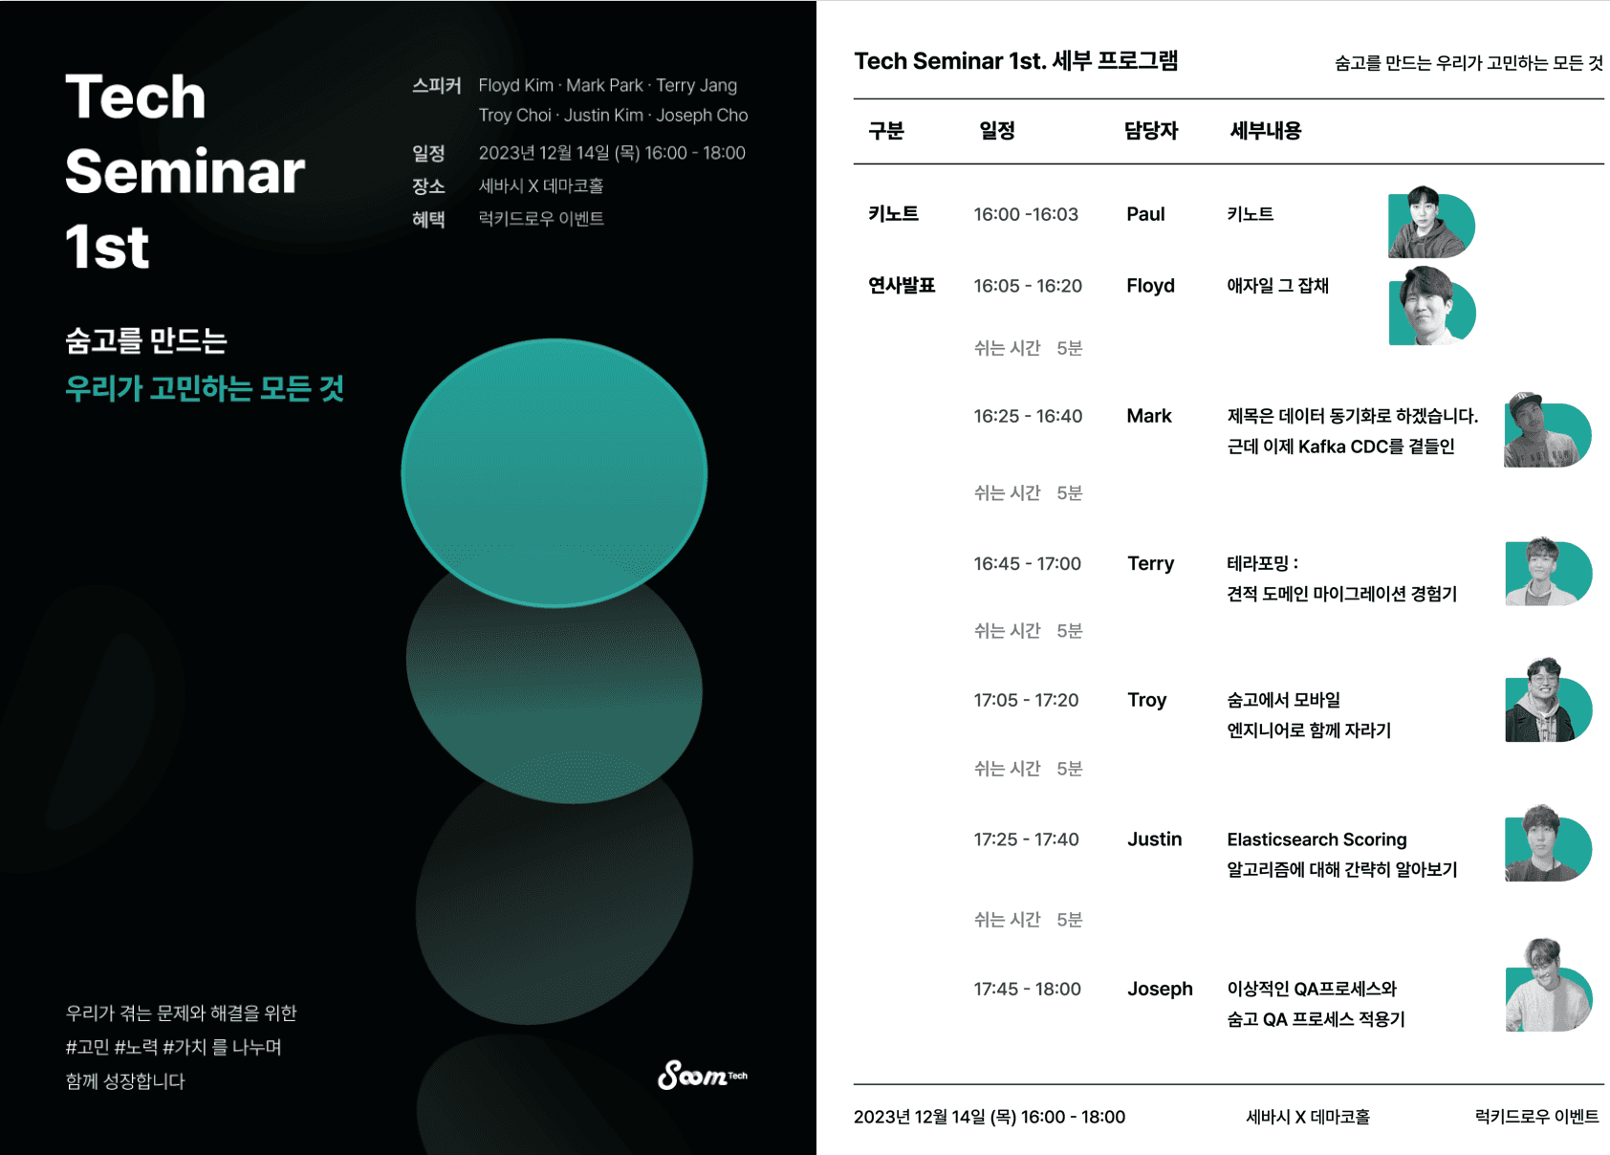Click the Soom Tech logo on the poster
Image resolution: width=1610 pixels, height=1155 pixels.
[x=702, y=1075]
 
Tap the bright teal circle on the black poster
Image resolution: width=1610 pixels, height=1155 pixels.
[x=555, y=473]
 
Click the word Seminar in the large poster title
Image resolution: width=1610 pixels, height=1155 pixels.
[x=185, y=172]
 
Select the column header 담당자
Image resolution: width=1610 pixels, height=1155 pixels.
[x=1151, y=131]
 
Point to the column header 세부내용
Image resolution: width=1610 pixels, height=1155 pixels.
[x=1265, y=131]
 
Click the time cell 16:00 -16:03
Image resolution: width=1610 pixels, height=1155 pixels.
[x=1026, y=214]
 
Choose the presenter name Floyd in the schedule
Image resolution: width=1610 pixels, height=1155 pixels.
[x=1150, y=285]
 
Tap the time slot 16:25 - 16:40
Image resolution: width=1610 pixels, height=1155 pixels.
[x=1028, y=416]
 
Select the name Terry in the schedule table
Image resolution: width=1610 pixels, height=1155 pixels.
[x=1150, y=564]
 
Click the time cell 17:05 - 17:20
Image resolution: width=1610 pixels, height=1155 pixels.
[x=1026, y=700]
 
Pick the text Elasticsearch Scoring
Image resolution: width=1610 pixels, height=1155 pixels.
[x=1316, y=839]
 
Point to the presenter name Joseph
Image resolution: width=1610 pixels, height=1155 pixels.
[x=1160, y=989]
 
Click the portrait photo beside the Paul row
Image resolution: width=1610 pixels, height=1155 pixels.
[x=1430, y=222]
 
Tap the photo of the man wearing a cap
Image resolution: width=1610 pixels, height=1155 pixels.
[x=1547, y=430]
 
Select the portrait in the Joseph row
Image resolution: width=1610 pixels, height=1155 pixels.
[x=1548, y=985]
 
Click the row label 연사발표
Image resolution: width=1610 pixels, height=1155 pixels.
[x=902, y=285]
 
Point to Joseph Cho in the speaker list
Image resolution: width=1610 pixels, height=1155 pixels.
[x=702, y=115]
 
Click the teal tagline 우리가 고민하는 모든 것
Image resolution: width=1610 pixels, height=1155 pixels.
[x=205, y=388]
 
